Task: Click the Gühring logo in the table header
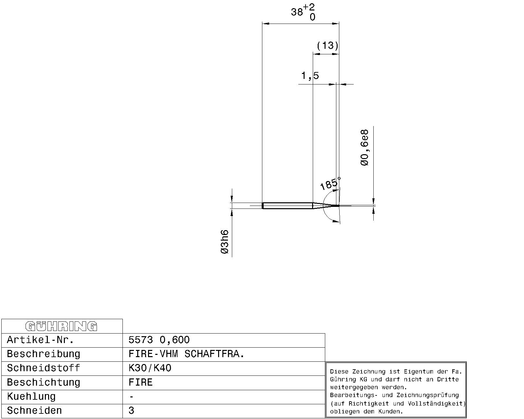(61, 326)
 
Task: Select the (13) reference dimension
(327, 46)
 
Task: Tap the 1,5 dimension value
(310, 76)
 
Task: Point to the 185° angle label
(330, 184)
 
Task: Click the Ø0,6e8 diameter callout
(365, 148)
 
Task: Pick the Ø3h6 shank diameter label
(225, 242)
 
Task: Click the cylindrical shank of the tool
(287, 206)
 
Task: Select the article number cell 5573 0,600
(159, 340)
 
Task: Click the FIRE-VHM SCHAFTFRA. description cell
(186, 354)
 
